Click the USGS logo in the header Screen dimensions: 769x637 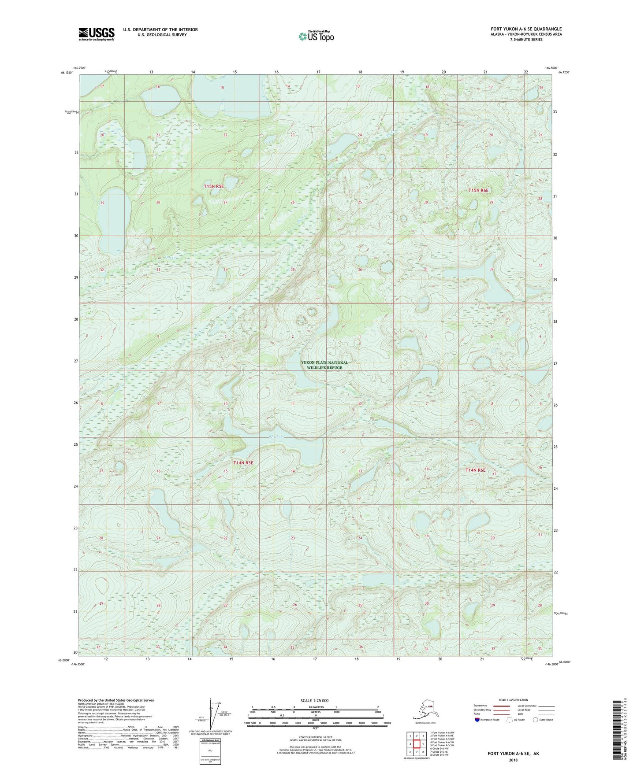point(97,34)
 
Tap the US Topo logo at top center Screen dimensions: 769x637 point(316,36)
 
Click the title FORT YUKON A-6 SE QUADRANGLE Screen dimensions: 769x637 point(526,29)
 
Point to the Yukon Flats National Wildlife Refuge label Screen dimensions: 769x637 point(324,365)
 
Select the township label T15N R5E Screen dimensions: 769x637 point(214,187)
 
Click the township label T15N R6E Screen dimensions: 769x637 point(478,190)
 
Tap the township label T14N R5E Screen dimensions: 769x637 point(243,463)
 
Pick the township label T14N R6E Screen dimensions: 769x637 point(475,470)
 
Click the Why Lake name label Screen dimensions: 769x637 point(277,437)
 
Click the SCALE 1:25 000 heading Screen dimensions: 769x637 point(315,700)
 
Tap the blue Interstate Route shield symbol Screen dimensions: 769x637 point(477,720)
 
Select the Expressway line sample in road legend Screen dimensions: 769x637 point(501,706)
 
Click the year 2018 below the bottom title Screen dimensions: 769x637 point(513,760)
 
